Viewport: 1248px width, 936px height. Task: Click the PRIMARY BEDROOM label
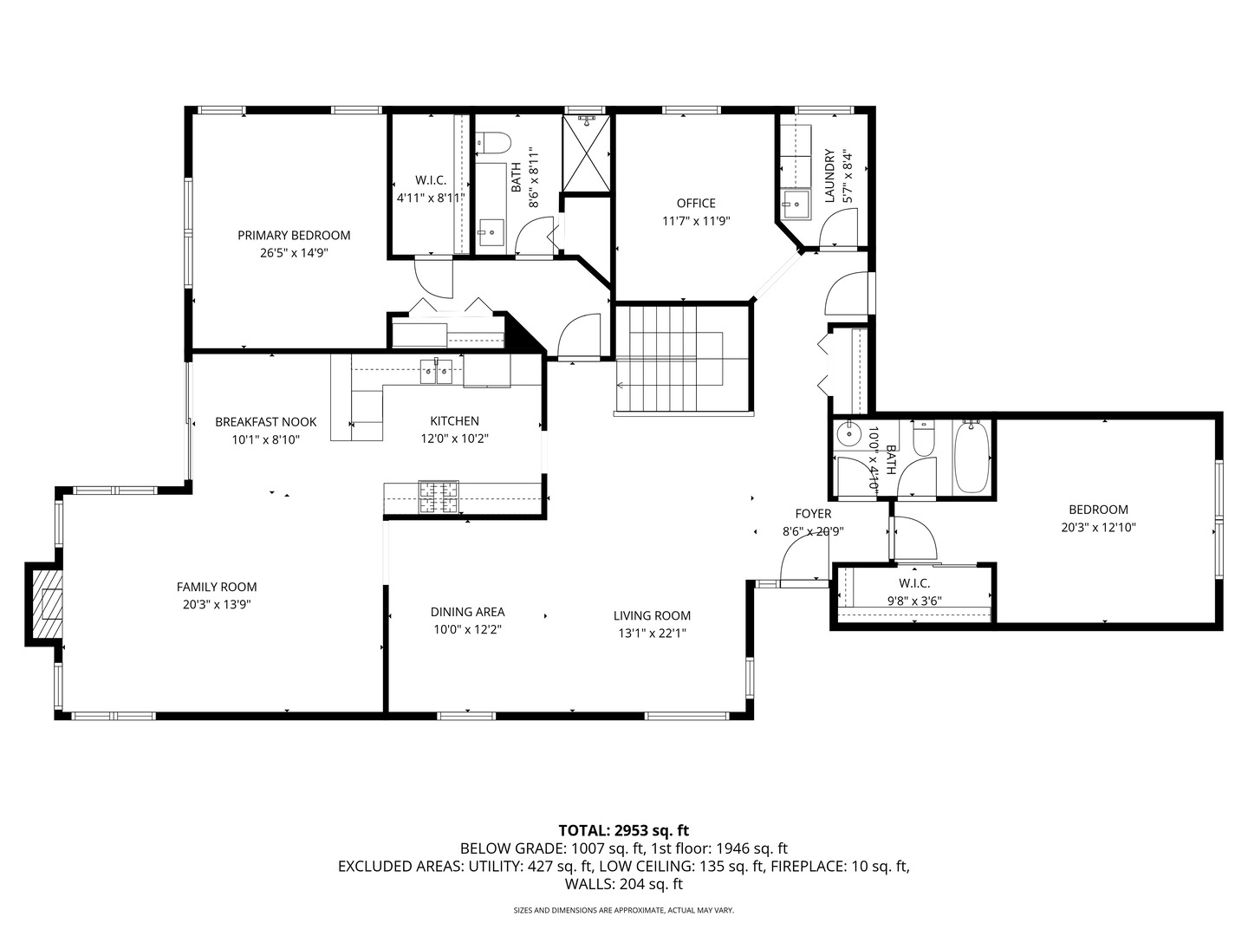294,235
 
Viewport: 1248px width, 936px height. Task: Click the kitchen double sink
436,372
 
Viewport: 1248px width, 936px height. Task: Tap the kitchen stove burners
439,497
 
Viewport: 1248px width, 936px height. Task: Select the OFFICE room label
696,203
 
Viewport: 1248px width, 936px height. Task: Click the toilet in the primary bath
491,141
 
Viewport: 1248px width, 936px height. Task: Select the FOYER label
813,514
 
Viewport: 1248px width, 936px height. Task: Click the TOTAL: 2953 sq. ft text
623,830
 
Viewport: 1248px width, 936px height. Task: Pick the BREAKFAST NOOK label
266,422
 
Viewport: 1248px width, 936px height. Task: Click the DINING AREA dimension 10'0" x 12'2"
467,629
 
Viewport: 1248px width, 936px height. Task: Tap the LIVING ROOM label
652,615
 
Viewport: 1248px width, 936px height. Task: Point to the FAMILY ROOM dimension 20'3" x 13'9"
217,605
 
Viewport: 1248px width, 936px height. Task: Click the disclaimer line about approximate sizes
623,910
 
